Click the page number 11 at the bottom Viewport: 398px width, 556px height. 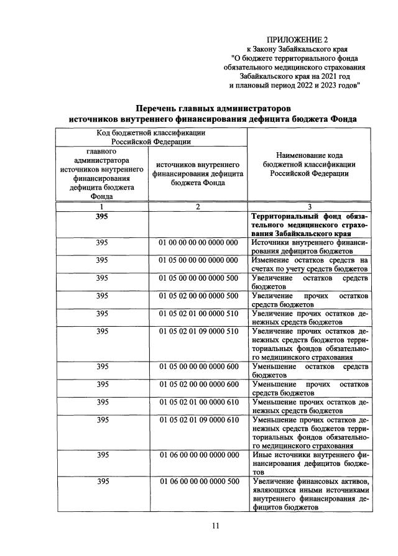[215, 526]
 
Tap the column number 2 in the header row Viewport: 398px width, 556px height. [198, 207]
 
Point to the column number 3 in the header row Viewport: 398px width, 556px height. [310, 207]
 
